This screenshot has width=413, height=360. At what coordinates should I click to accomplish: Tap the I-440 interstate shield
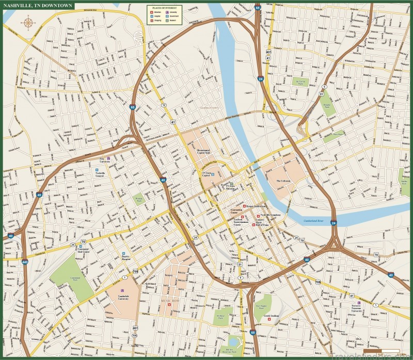tap(24, 262)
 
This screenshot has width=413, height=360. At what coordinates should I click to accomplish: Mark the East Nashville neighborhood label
tap(324, 161)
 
